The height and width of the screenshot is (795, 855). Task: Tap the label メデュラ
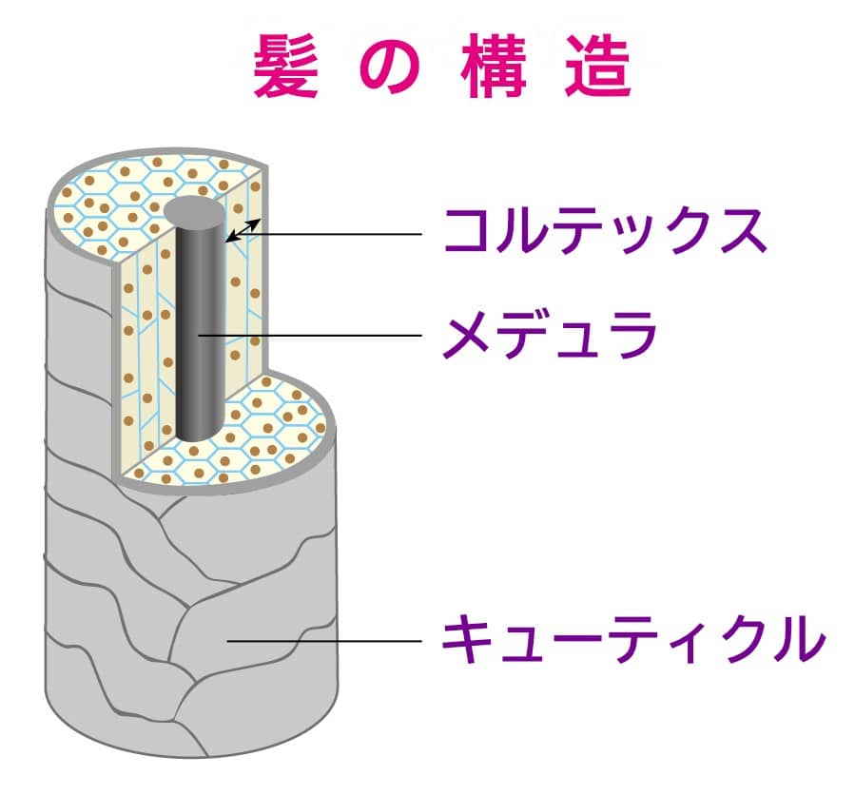click(x=551, y=334)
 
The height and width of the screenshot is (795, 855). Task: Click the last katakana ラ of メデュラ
click(x=632, y=334)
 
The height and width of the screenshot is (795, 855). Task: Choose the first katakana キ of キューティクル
click(x=467, y=640)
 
